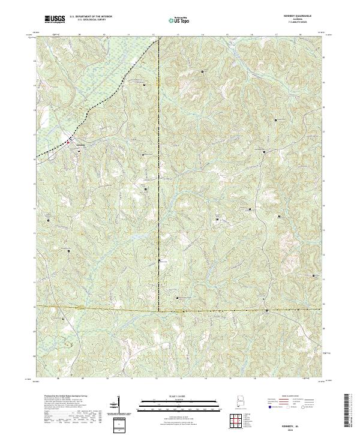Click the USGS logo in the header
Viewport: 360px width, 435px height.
click(55, 20)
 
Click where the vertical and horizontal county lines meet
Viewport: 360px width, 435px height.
click(158, 311)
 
